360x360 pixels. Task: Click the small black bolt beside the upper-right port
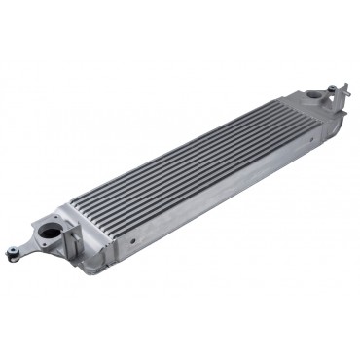[334, 90]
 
